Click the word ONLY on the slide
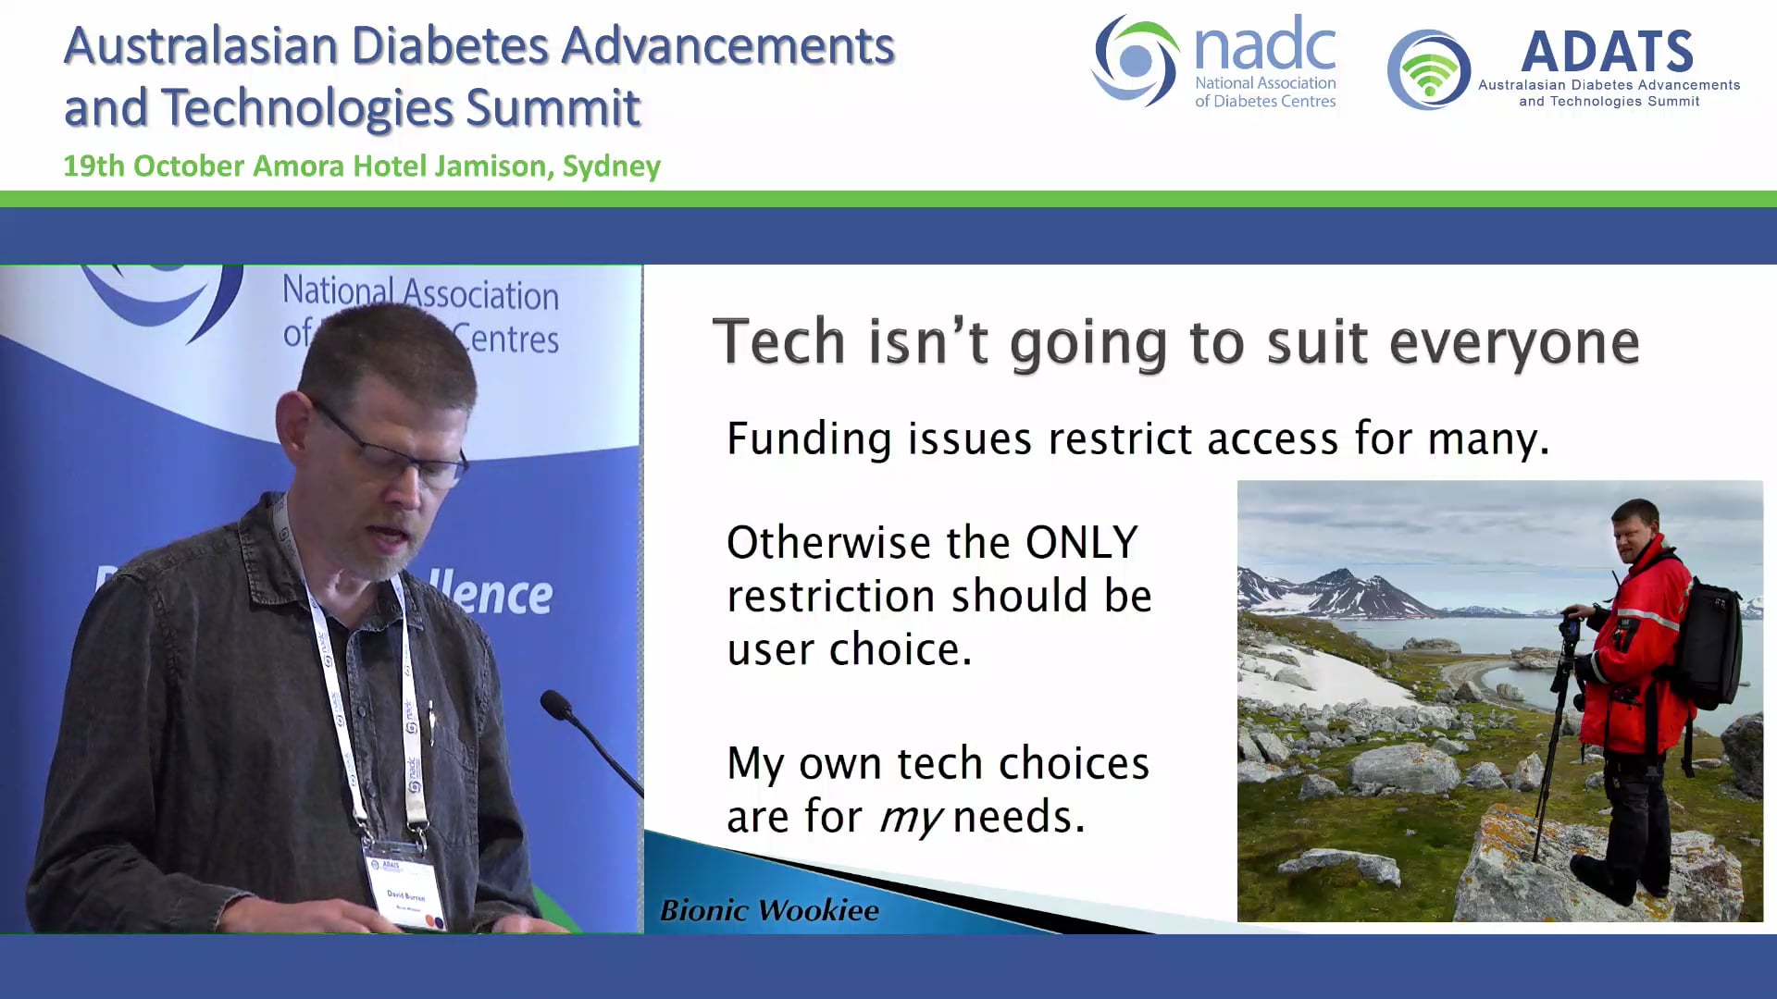[1081, 542]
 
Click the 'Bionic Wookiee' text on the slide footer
[769, 910]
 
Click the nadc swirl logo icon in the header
[1135, 61]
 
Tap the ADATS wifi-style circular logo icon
[1428, 70]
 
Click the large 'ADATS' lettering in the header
[1607, 52]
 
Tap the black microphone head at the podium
[557, 705]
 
